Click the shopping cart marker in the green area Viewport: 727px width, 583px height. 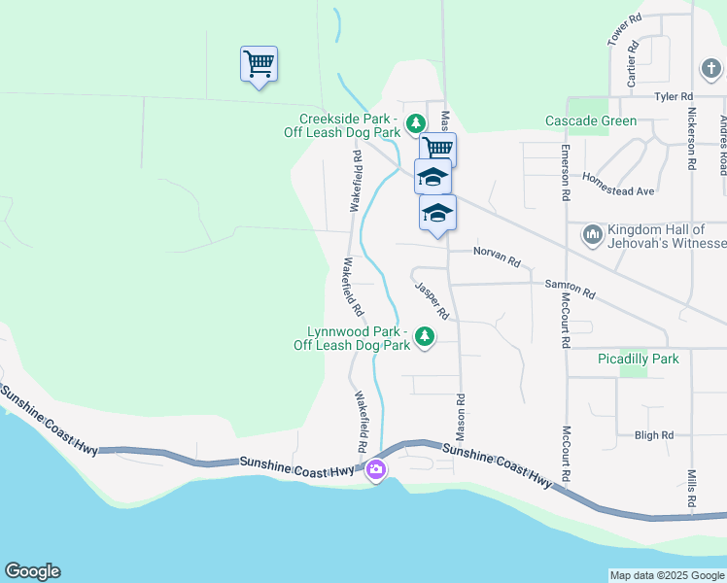pos(259,64)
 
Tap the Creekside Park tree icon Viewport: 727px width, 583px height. pos(416,123)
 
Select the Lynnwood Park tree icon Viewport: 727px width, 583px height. pos(424,336)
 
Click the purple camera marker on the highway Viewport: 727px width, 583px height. pos(376,471)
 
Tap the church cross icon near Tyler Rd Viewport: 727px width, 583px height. pos(711,69)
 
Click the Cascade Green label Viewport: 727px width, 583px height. pos(591,121)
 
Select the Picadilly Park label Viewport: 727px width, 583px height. pos(638,359)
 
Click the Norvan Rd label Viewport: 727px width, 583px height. pos(497,257)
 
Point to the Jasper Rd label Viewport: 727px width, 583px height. pos(432,301)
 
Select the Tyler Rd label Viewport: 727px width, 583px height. pos(673,97)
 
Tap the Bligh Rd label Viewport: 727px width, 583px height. pos(654,435)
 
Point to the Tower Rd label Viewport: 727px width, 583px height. pos(625,30)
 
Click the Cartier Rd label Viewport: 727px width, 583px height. pos(632,64)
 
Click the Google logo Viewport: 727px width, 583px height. pos(32,571)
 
